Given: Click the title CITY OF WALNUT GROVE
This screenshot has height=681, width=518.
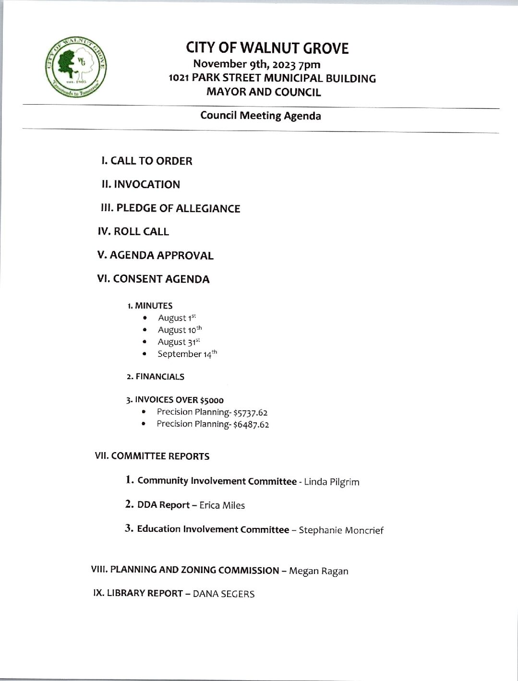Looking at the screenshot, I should coord(267,48).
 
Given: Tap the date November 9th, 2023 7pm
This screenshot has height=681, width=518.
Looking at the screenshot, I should coord(256,64).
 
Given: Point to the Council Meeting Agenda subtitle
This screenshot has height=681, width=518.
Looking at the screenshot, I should coord(260,116).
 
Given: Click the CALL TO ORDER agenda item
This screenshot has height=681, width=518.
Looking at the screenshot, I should coord(146,161).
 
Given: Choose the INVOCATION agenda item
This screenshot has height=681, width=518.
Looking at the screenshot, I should coord(141,185).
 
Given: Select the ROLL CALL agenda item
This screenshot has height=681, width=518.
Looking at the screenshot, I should coord(133,232).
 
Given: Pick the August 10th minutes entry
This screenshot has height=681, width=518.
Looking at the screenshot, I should coord(180,330).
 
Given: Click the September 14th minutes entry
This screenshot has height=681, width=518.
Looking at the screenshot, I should coord(187,354).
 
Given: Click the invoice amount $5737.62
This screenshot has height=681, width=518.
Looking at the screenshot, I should coord(250,412).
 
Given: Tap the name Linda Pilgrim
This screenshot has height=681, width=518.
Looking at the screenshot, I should coord(331,482).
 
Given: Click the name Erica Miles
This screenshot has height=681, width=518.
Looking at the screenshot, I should coord(222,505).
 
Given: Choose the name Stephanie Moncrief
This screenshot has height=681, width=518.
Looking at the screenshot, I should coord(341,530).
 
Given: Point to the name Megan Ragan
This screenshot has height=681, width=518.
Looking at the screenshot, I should coord(319,571).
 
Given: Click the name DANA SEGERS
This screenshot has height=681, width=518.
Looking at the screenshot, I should coord(223,594).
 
